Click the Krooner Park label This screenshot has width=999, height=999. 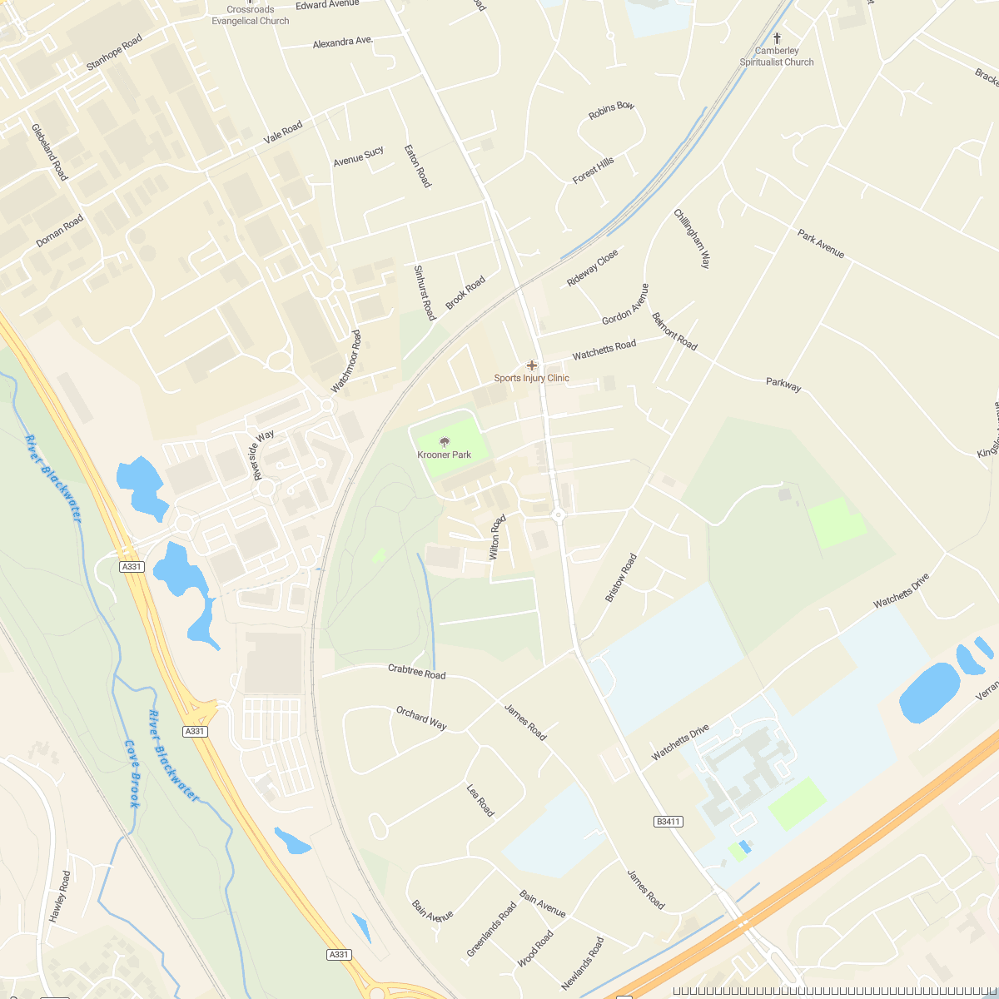pos(444,455)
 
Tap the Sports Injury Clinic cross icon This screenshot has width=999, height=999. pos(532,365)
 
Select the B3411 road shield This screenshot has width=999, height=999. pos(668,822)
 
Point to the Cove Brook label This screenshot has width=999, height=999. pos(132,774)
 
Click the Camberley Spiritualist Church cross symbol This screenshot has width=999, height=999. pos(777,38)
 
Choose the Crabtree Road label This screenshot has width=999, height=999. pos(416,672)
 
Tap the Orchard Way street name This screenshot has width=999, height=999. pos(421,718)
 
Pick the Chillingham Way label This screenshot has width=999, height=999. pos(693,238)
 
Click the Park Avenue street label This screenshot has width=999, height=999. pos(821,244)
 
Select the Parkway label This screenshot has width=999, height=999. pos(783,385)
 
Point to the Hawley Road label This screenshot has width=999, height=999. pos(60,897)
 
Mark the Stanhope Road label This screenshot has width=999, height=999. pos(115,52)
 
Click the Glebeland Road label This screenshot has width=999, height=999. pos(50,152)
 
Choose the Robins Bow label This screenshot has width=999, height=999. pos(611,111)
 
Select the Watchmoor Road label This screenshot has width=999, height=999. pos(346,361)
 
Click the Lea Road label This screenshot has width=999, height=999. pos(480,800)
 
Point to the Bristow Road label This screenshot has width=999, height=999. pos(620,578)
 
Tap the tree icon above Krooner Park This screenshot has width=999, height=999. pos(444,442)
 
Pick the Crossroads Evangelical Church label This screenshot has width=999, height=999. pos(251,16)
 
